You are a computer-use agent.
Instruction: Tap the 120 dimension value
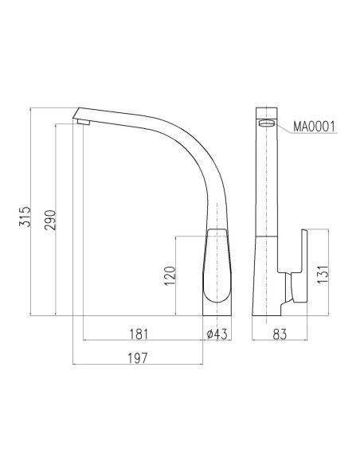pos(169,275)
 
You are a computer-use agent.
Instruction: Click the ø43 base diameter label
pos(217,334)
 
